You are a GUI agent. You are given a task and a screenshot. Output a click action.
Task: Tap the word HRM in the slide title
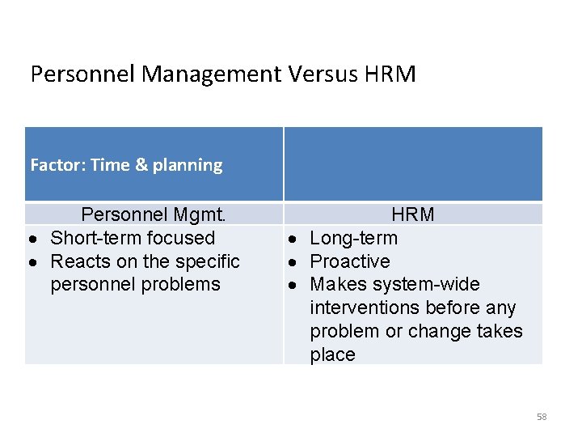click(390, 74)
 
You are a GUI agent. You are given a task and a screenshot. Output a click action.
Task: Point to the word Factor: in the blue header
click(57, 165)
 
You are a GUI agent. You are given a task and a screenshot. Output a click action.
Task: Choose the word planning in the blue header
click(188, 165)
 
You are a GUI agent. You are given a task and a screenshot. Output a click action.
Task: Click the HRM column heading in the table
click(413, 214)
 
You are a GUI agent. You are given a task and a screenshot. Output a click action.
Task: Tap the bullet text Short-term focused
click(133, 238)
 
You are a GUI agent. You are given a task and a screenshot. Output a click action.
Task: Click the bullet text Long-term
click(354, 238)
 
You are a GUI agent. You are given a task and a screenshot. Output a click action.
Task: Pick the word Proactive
click(350, 261)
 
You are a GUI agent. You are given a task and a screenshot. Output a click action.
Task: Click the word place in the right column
click(332, 354)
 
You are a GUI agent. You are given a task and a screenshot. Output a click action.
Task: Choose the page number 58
click(542, 417)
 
